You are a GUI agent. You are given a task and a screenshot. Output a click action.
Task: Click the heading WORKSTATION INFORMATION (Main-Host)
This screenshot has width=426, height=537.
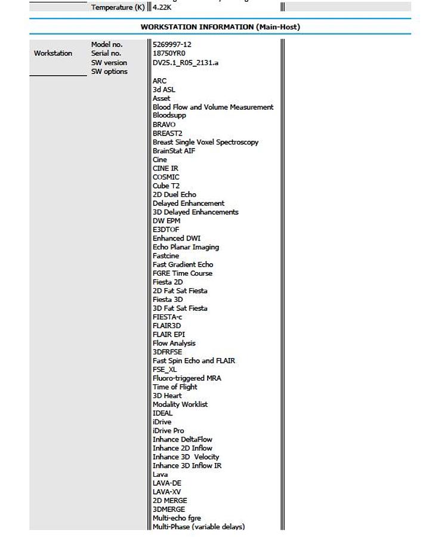tap(220, 27)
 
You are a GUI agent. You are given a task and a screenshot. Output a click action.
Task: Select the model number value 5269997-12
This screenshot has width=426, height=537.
tap(172, 45)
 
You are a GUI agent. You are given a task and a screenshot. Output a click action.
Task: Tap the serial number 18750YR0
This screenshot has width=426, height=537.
tap(169, 54)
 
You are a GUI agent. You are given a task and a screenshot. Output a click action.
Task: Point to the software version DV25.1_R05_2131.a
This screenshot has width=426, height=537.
tap(186, 63)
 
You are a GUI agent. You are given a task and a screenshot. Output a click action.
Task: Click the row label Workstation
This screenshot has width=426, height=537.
tap(53, 54)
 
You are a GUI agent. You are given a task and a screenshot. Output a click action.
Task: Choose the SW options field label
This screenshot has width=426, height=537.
tap(109, 72)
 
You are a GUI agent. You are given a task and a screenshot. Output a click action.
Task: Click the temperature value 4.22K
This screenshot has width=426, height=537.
tap(162, 8)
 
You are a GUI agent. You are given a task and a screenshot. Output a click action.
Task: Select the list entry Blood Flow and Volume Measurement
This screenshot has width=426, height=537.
tap(213, 107)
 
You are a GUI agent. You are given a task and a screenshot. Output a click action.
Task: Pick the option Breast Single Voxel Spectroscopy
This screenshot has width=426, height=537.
tap(205, 142)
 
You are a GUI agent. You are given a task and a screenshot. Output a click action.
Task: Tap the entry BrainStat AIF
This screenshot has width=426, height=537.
tap(174, 151)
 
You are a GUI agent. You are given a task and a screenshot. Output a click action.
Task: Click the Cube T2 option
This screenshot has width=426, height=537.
tap(166, 186)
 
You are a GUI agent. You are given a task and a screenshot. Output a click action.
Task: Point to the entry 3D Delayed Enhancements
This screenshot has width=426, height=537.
tap(195, 212)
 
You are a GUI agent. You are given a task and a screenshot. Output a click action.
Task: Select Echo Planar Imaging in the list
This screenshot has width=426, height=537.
tap(186, 247)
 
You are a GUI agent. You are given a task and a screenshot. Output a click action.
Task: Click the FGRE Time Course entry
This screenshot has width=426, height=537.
tap(182, 273)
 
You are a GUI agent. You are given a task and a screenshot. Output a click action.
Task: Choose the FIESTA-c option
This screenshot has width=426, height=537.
tap(167, 317)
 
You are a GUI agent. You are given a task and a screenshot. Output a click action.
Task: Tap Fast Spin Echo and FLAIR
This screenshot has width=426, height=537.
tap(193, 360)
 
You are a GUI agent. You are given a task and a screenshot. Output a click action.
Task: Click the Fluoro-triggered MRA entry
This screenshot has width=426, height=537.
tap(187, 378)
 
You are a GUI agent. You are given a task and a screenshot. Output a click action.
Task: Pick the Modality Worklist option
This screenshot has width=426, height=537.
tap(180, 405)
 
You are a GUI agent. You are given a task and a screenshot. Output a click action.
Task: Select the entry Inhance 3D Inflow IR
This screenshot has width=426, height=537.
tap(187, 465)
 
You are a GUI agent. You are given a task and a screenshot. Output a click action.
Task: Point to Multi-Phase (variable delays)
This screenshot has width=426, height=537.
tap(199, 527)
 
